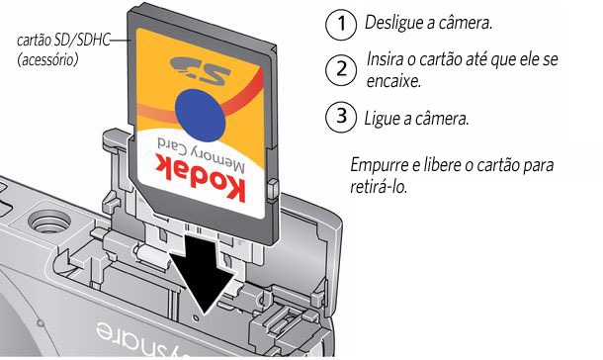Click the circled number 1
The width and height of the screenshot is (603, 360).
point(341,24)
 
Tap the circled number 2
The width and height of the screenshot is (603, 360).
point(341,70)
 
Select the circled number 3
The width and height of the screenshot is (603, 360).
point(341,117)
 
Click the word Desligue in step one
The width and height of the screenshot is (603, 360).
point(393,23)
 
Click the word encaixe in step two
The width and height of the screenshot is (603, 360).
point(393,81)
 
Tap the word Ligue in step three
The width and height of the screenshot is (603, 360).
point(382,118)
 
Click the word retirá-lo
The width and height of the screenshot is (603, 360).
point(379,188)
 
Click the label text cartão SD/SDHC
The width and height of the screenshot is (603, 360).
point(64,40)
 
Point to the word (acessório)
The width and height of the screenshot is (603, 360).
point(47,60)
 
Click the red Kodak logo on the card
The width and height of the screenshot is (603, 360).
point(201,176)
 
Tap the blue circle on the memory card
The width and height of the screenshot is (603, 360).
point(201,115)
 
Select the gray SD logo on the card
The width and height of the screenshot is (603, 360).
point(200,70)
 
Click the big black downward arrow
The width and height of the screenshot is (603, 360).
point(204,277)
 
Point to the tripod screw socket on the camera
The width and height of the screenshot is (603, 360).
point(49,223)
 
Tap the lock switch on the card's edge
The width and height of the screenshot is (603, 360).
point(273,189)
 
